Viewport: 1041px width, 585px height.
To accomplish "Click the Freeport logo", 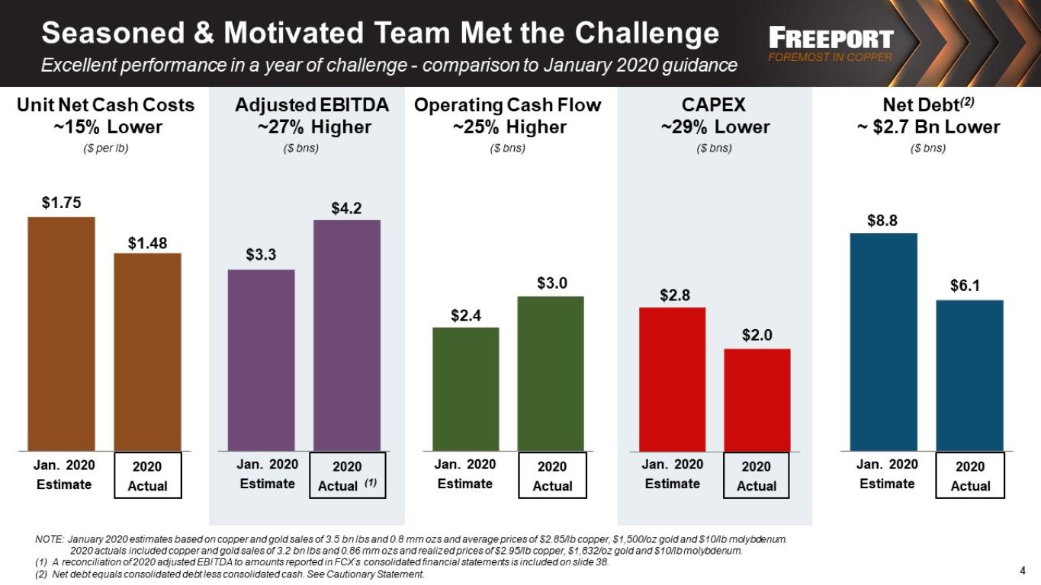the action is [831, 44].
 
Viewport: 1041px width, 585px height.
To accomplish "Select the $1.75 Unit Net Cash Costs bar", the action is [61, 334].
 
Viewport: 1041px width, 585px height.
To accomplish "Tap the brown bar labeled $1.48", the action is [148, 352].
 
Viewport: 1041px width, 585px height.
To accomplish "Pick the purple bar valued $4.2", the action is [347, 335].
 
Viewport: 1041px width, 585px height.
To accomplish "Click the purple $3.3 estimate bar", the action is [261, 360].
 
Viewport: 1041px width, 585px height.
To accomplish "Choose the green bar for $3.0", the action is [551, 374].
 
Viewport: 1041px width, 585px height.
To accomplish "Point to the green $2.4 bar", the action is [466, 389].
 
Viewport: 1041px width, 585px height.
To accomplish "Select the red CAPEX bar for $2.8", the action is [673, 379].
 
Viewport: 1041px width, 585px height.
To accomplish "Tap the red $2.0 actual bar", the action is [757, 400].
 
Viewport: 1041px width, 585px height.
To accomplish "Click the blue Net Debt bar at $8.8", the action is [884, 342].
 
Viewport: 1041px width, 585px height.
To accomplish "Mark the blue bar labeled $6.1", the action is [970, 376].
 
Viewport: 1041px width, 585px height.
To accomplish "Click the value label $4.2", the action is [346, 208].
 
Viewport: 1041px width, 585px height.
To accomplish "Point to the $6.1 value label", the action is [965, 285].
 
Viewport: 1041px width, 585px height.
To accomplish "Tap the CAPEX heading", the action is [714, 105].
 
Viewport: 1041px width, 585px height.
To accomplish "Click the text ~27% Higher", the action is [315, 126].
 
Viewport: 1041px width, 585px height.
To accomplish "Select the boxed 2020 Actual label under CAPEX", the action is [756, 475].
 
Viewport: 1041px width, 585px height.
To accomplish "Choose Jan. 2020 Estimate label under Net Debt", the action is [887, 474].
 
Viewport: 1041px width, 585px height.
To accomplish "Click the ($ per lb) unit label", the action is [106, 148].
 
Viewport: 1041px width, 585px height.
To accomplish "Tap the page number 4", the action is [1023, 571].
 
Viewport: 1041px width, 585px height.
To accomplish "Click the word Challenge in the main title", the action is [647, 34].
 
